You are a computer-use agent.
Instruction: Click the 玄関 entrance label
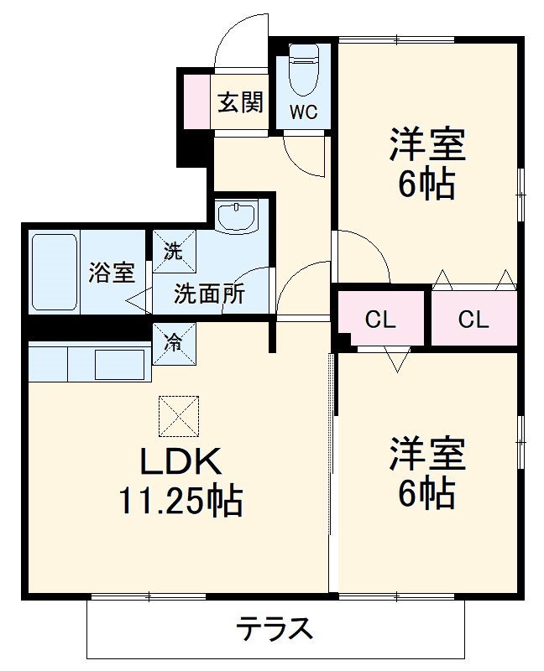pos(240,102)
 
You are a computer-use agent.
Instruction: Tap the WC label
pos(304,113)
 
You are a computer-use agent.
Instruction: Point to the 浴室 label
pos(111,273)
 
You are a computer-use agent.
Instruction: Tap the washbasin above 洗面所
pos(240,216)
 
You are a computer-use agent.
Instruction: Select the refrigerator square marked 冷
pos(173,343)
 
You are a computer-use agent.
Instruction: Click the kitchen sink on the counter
pos(121,364)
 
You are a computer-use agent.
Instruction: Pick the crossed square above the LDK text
pos(180,415)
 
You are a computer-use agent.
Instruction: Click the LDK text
pos(180,462)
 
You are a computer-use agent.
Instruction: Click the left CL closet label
pos(380,320)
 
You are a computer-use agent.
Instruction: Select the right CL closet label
pos(473,320)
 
